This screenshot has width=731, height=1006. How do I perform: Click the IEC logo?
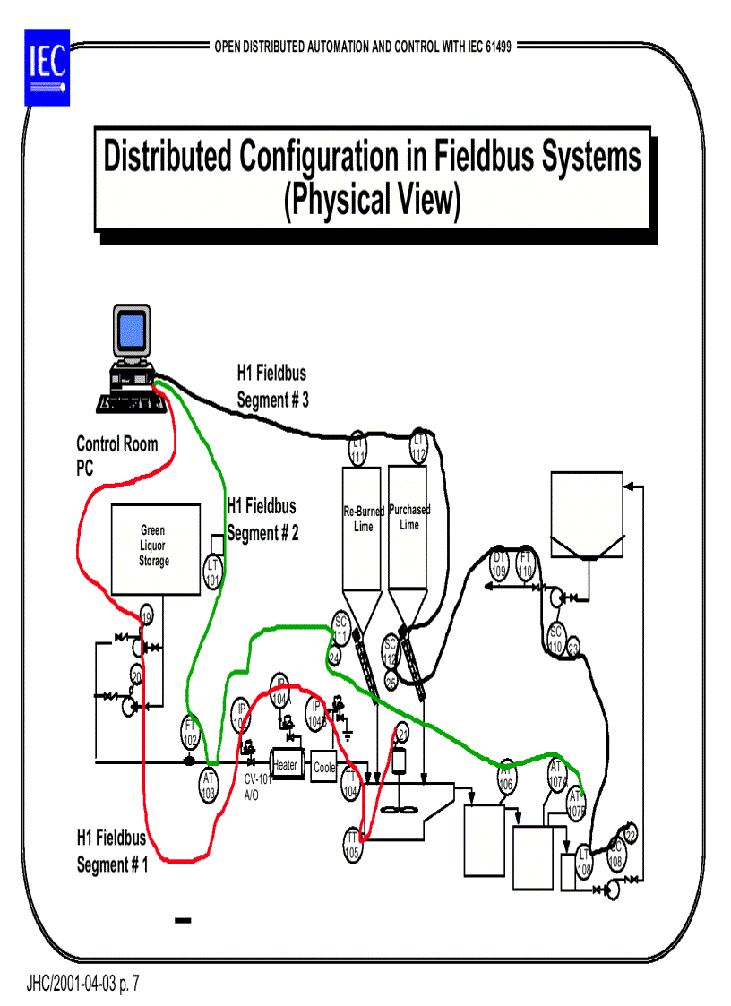point(46,66)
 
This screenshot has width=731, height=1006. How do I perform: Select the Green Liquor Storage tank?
point(154,548)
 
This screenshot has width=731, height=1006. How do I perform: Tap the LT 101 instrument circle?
point(213,572)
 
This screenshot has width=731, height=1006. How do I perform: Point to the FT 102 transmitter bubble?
point(190,733)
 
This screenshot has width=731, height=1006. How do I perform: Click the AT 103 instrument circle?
point(209,785)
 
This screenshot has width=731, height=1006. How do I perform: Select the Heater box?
point(285,765)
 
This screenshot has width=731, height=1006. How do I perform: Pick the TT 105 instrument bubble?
point(352,844)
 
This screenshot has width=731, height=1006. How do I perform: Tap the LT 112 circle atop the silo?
point(419,446)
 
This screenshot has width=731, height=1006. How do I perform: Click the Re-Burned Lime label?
point(364,519)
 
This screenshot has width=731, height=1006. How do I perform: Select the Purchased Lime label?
point(409,517)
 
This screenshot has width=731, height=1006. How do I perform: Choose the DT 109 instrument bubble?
point(499,563)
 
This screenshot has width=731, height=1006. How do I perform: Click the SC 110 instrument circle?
point(555,640)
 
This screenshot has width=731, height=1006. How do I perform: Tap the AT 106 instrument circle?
point(505,777)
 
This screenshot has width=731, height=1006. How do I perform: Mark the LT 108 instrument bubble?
point(584,862)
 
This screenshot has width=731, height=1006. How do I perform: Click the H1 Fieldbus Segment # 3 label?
point(272,386)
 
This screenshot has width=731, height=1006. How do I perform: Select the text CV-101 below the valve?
point(258,779)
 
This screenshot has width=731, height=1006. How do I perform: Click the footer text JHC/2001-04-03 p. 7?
point(83,985)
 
